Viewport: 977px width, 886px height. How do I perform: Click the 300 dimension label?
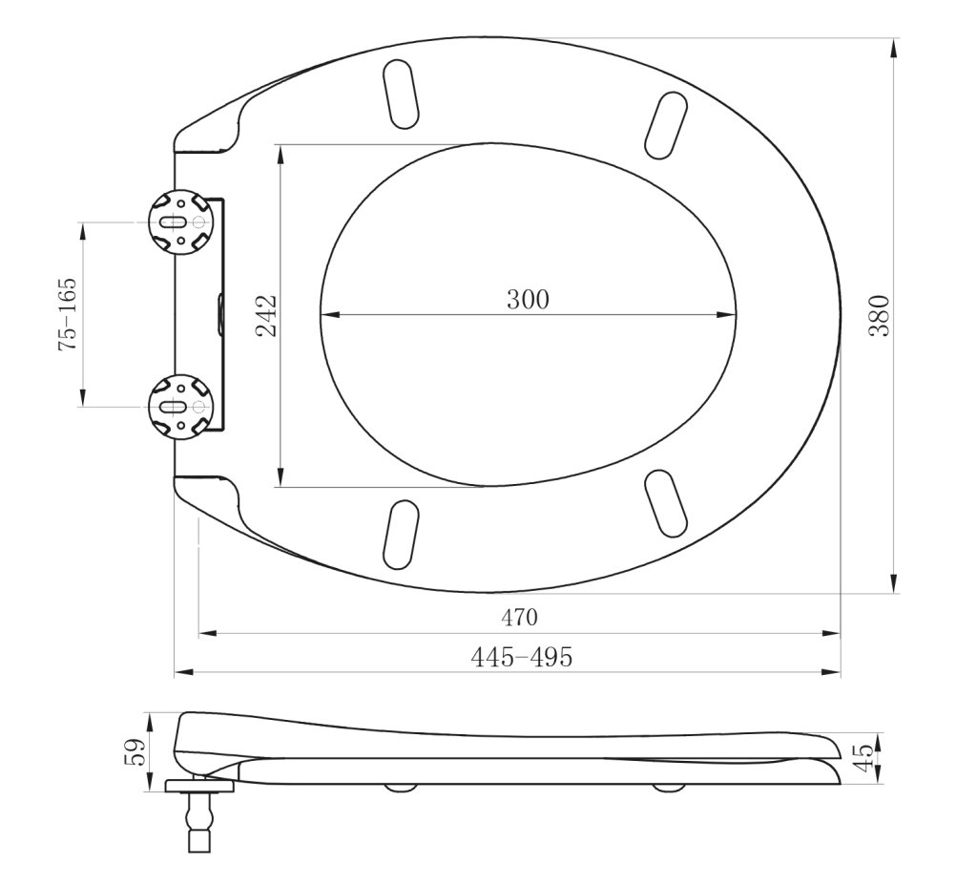pyautogui.click(x=528, y=300)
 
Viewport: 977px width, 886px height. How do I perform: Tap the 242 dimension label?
pyautogui.click(x=267, y=315)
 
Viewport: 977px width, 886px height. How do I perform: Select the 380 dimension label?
pyautogui.click(x=879, y=315)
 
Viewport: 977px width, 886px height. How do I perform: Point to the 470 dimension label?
pyautogui.click(x=519, y=618)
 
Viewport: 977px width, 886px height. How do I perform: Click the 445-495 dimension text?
pyautogui.click(x=521, y=657)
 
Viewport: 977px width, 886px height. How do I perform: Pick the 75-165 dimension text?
pyautogui.click(x=68, y=314)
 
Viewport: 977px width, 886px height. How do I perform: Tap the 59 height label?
pyautogui.click(x=135, y=752)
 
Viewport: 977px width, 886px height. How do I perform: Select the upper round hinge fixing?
pyautogui.click(x=180, y=222)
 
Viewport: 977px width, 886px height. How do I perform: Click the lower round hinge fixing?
pyautogui.click(x=180, y=407)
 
